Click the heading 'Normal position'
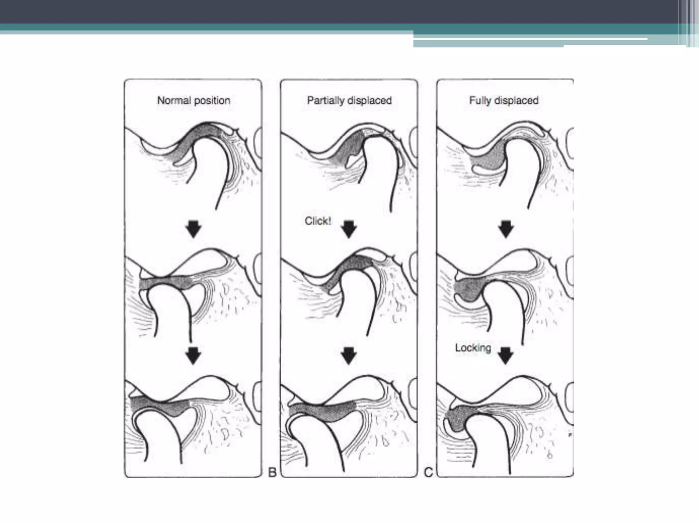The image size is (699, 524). click(194, 101)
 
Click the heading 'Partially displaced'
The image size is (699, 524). click(349, 101)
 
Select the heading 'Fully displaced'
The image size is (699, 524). click(504, 101)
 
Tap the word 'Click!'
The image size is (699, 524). click(317, 221)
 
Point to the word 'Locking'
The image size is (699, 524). click(473, 348)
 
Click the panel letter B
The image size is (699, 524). click(272, 472)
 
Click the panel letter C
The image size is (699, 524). click(428, 472)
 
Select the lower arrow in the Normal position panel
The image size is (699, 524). click(194, 356)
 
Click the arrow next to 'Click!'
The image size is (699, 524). click(349, 229)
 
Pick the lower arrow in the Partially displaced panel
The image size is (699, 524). click(349, 356)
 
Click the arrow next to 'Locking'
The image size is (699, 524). click(506, 356)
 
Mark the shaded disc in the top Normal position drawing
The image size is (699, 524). click(191, 142)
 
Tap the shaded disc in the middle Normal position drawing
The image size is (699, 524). click(167, 283)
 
